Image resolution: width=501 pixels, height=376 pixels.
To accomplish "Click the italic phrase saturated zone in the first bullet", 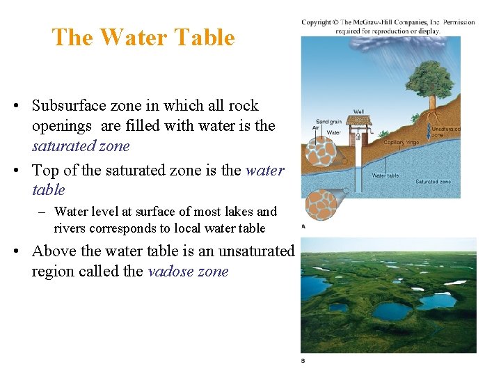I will [x=81, y=146].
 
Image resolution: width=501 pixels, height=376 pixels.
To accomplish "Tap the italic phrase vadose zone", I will [x=188, y=272].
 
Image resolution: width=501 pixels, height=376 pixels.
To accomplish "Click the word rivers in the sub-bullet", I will [x=70, y=228].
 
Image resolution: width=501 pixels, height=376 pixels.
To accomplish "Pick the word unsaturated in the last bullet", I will [x=257, y=251].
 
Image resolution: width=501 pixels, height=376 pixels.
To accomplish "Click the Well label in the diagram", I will [x=358, y=111].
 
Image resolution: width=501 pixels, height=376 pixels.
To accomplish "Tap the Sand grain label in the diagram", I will [x=328, y=122].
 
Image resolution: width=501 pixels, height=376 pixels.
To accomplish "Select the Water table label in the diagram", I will [x=385, y=175].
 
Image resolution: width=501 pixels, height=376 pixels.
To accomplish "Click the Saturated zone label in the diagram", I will [x=433, y=182].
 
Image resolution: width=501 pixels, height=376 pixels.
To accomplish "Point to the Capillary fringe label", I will [x=401, y=142].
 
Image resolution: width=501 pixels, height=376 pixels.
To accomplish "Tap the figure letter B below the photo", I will [x=303, y=361].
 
